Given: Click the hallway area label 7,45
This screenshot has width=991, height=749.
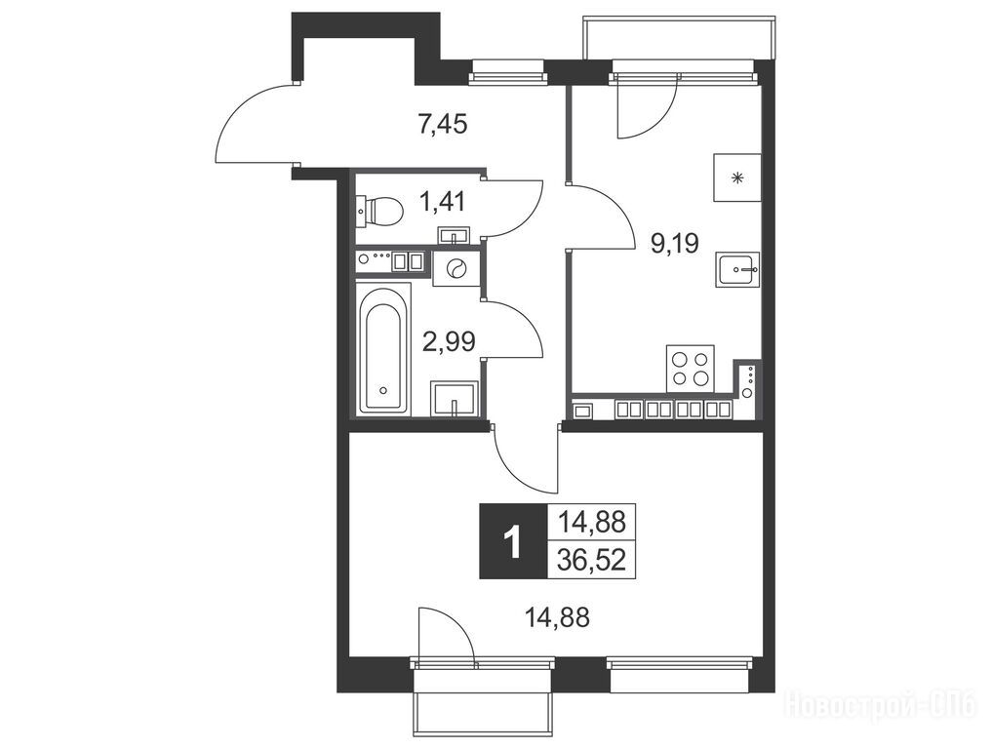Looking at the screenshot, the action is click(442, 125).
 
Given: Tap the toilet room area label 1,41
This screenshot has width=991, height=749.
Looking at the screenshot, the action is click(443, 202).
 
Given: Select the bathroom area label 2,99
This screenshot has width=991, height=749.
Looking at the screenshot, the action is click(449, 341).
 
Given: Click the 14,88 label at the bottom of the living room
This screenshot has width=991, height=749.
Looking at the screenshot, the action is click(558, 617).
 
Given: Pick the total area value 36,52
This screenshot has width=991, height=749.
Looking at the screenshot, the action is click(591, 560).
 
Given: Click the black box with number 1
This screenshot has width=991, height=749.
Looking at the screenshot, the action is click(513, 541).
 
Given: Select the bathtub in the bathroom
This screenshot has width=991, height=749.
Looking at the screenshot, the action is click(383, 349).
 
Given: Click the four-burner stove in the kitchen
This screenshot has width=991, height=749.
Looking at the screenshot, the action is click(691, 368).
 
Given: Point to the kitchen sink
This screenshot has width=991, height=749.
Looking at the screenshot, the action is click(737, 270).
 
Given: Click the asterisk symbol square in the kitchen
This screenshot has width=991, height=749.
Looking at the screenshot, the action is click(736, 177).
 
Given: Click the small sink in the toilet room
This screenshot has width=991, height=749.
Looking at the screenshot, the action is click(454, 235).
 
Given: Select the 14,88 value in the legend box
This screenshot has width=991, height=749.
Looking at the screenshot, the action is click(591, 523).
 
